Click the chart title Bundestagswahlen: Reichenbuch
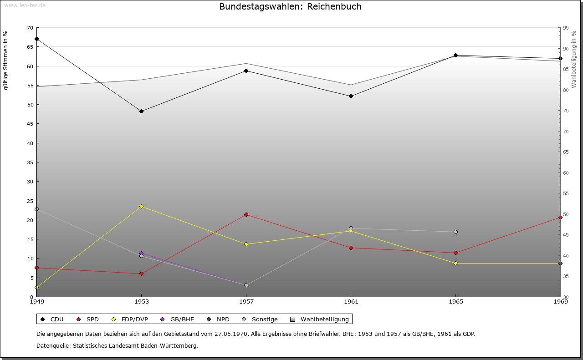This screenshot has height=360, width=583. (x=290, y=6)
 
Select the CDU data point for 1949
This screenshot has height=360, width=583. (x=37, y=39)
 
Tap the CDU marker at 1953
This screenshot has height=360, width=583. (x=141, y=112)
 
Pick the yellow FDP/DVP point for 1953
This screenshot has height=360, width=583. (x=141, y=207)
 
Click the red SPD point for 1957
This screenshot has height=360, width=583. (x=246, y=215)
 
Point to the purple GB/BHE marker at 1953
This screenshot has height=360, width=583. (x=141, y=253)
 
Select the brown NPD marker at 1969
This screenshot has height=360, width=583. (x=560, y=264)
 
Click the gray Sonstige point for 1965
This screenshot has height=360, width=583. (x=456, y=232)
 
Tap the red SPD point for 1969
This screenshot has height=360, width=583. (x=560, y=218)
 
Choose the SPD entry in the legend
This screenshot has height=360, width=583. (x=88, y=319)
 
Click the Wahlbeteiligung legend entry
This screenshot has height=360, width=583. (x=319, y=319)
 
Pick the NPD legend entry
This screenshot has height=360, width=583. (x=218, y=319)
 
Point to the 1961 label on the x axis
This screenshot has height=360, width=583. (x=351, y=302)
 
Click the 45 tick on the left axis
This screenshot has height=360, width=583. (x=30, y=124)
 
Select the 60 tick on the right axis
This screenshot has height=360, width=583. (x=566, y=173)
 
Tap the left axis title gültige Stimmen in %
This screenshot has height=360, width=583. (x=5, y=61)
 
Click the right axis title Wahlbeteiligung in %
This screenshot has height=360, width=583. (x=574, y=60)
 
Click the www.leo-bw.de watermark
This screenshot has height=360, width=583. (x=25, y=5)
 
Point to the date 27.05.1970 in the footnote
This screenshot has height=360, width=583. (x=231, y=334)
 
